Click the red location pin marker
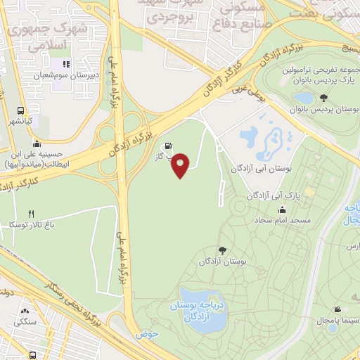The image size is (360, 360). click(x=181, y=165)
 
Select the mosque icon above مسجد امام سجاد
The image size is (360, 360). click(x=283, y=210)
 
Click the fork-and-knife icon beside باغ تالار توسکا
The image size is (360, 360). click(x=31, y=214)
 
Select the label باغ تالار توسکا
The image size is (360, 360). click(x=31, y=225)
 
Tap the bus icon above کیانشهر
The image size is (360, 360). click(x=20, y=110)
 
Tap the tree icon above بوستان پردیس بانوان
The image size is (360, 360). click(x=323, y=98)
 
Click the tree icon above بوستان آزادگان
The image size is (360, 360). click(x=223, y=250)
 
